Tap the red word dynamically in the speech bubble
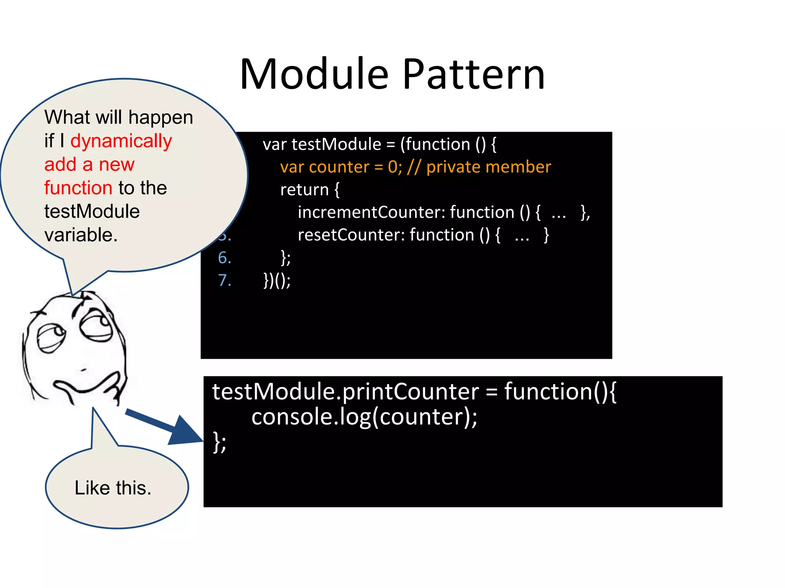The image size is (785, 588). click(x=121, y=141)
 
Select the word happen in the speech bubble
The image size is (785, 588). click(x=161, y=118)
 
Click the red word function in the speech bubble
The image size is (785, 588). click(x=78, y=188)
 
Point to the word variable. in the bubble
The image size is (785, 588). click(x=81, y=235)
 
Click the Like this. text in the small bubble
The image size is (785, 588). click(x=113, y=488)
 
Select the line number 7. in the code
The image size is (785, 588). click(x=225, y=280)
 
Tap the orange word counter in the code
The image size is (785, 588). click(x=339, y=167)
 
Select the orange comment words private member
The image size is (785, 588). click(x=488, y=167)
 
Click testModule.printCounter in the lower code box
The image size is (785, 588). click(x=345, y=392)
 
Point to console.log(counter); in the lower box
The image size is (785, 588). click(x=364, y=416)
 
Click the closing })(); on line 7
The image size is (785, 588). click(x=277, y=280)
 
